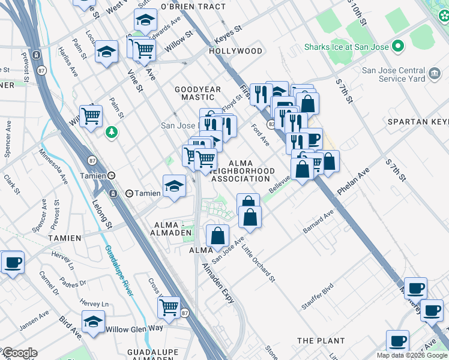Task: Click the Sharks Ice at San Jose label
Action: coord(346,47)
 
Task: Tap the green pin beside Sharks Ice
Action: coord(397,46)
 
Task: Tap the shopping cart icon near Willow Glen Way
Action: coord(169,307)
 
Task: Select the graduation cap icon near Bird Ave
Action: coord(93,322)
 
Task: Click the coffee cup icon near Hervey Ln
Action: coord(13,262)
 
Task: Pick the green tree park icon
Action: coord(111,131)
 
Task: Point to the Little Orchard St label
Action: coord(259,264)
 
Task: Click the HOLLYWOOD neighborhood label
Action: coord(236,51)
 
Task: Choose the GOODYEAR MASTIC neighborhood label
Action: coord(198,93)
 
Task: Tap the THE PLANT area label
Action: coord(321,341)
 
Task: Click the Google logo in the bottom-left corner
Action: coord(19,353)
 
